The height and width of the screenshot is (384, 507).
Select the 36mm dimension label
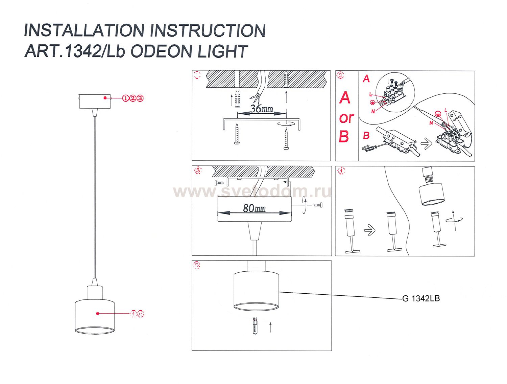[x=261, y=109]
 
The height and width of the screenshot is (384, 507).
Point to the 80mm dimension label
[x=254, y=208]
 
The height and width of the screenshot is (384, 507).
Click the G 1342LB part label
[x=421, y=298]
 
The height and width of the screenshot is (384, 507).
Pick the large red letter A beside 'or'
[x=344, y=98]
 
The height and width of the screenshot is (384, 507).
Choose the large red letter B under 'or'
[x=344, y=137]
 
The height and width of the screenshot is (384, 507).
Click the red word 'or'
[x=346, y=118]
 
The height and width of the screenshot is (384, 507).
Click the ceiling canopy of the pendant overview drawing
[x=95, y=101]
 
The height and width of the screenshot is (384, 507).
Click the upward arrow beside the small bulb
[x=270, y=327]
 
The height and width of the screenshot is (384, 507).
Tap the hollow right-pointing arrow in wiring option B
[x=426, y=144]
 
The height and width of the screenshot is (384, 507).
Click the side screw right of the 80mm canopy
[x=318, y=205]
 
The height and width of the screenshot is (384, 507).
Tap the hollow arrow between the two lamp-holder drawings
[x=370, y=231]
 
